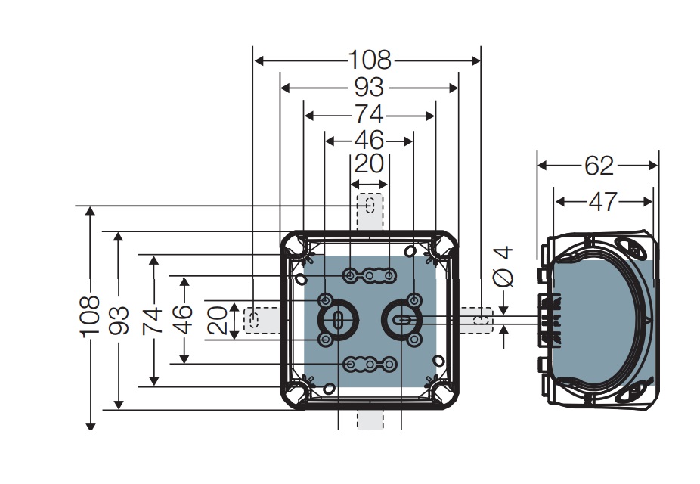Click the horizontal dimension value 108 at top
coord(370,60)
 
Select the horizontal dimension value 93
coord(369,88)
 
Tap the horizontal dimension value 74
coord(369,116)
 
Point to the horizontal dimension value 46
coord(369,141)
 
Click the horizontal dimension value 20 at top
coord(369,164)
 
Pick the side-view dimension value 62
coord(599,165)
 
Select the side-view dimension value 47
coord(602,201)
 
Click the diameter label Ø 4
coord(503,268)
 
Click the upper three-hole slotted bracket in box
coord(370,276)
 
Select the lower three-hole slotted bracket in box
coord(370,366)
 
